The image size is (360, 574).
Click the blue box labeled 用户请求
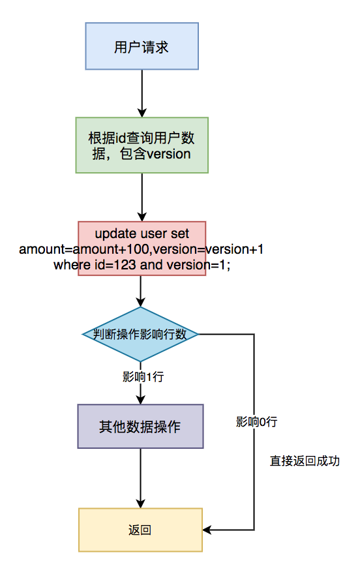(142, 46)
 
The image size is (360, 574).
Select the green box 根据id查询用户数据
(142, 145)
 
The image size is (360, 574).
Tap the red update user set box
(142, 249)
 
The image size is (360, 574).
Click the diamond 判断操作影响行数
(141, 334)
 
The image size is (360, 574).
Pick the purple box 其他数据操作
(140, 426)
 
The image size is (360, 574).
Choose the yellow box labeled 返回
(140, 530)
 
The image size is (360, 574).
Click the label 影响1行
(141, 376)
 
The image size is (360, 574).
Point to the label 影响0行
(256, 421)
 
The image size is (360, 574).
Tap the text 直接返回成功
(305, 461)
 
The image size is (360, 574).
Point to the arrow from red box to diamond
(141, 291)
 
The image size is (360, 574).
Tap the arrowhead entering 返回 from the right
(207, 530)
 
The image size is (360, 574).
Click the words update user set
(142, 234)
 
